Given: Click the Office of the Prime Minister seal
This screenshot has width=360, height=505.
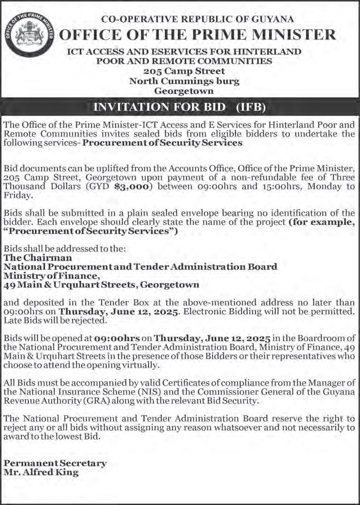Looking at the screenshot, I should click(30, 36).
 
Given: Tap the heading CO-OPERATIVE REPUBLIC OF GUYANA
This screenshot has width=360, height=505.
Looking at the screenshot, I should click(198, 19).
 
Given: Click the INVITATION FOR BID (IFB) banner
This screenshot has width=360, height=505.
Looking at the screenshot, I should click(180, 107).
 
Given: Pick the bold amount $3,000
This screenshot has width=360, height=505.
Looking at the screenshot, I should click(178, 186).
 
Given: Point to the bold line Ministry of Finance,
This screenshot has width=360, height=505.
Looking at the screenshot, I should click(52, 276).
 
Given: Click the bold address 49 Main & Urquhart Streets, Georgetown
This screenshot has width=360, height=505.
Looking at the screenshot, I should click(102, 285).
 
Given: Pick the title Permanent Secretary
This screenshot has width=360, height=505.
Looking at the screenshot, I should click(55, 463).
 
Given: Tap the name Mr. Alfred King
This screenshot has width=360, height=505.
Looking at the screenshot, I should click(41, 472).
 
